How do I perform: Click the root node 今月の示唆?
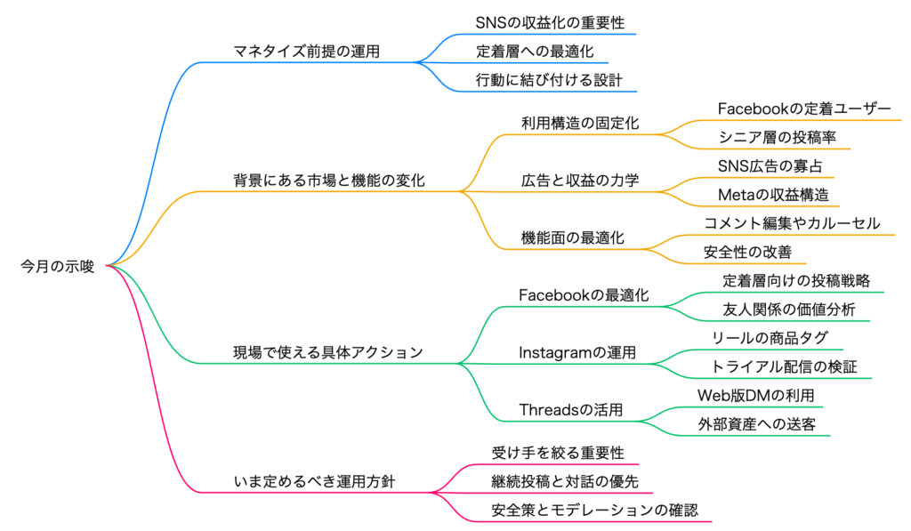pyautogui.click(x=57, y=265)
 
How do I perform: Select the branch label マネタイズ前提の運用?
pyautogui.click(x=306, y=52)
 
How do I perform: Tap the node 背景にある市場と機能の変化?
pyautogui.click(x=328, y=181)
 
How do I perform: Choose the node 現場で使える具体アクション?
pyautogui.click(x=327, y=353)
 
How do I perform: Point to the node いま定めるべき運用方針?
pyautogui.click(x=314, y=482)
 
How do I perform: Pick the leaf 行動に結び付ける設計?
pyautogui.click(x=549, y=80)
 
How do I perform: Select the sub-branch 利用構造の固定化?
pyautogui.click(x=579, y=124)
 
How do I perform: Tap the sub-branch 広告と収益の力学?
pyautogui.click(x=580, y=181)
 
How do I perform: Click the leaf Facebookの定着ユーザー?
pyautogui.click(x=803, y=109)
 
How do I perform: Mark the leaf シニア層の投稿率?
pyautogui.click(x=770, y=138)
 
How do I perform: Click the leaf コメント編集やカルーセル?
pyautogui.click(x=792, y=223)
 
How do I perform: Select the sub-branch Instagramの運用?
pyautogui.click(x=577, y=353)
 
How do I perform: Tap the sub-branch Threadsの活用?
pyautogui.click(x=570, y=410)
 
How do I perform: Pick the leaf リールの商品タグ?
pyautogui.click(x=770, y=338)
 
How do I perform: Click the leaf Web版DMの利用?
pyautogui.click(x=754, y=395)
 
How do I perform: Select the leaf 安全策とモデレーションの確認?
pyautogui.click(x=594, y=511)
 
